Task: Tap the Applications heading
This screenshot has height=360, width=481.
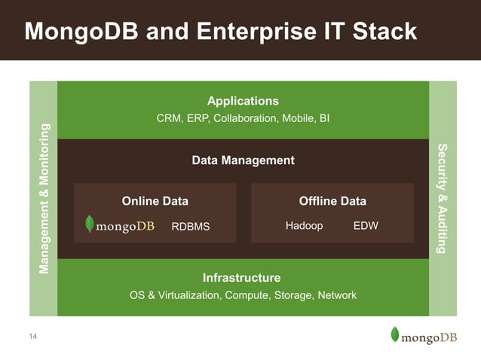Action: tap(243, 101)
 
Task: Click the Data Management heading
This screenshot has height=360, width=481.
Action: tap(243, 160)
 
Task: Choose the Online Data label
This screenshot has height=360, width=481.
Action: tap(155, 201)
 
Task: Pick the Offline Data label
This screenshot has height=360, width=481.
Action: tap(332, 201)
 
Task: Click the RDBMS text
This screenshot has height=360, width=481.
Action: tap(191, 226)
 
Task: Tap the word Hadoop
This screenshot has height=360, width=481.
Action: tap(304, 225)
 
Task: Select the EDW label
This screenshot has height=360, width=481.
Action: tap(366, 225)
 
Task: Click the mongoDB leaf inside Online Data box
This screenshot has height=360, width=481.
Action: tap(90, 224)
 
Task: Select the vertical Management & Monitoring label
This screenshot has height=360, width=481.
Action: tap(44, 198)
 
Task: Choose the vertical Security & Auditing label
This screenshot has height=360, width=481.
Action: tap(443, 198)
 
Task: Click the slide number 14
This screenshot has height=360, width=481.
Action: tap(32, 335)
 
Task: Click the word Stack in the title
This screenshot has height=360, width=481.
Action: tap(380, 32)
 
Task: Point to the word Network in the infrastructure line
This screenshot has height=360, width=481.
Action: tap(337, 295)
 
